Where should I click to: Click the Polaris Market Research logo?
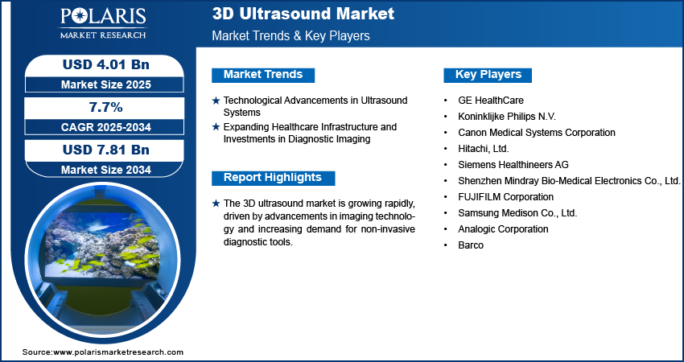103,23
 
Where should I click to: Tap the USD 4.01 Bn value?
106,64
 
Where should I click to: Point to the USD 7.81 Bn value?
106,150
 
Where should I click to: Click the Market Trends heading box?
263,75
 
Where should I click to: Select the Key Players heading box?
488,75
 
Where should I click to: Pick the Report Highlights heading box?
273,178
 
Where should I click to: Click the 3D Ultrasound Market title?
303,14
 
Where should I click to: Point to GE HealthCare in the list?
491,101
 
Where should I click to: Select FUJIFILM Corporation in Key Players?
505,197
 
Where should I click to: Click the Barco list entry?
471,245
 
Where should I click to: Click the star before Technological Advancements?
216,101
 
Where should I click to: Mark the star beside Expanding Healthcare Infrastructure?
216,127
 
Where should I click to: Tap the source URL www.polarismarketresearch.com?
118,352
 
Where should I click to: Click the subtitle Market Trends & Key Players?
290,35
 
